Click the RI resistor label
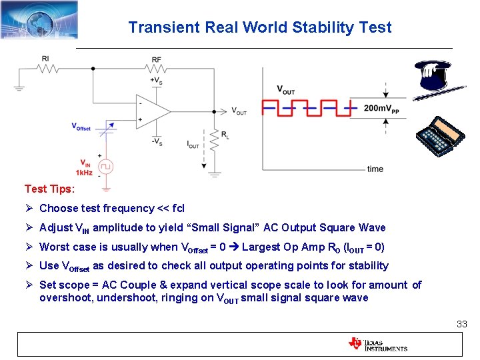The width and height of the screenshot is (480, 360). pos(45,59)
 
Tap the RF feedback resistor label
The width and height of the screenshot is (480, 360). pos(157,60)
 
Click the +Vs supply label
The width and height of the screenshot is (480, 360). pos(157,81)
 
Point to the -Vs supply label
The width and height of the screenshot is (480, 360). pos(157,141)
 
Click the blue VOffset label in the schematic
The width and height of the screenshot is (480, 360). pos(81,127)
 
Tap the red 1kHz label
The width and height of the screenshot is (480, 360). pos(84,173)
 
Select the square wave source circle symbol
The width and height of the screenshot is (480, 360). pos(105,166)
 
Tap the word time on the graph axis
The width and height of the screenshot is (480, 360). pos(375,169)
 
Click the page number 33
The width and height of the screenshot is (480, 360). pos(461,324)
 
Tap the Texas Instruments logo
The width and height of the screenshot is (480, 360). pos(377,344)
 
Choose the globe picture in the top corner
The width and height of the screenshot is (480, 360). pos(39,19)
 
